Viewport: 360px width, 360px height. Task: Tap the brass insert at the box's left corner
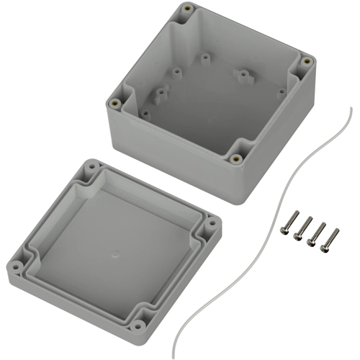[114, 103]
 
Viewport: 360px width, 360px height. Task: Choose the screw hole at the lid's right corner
[211, 225]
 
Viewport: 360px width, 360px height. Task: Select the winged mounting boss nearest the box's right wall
[244, 74]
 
